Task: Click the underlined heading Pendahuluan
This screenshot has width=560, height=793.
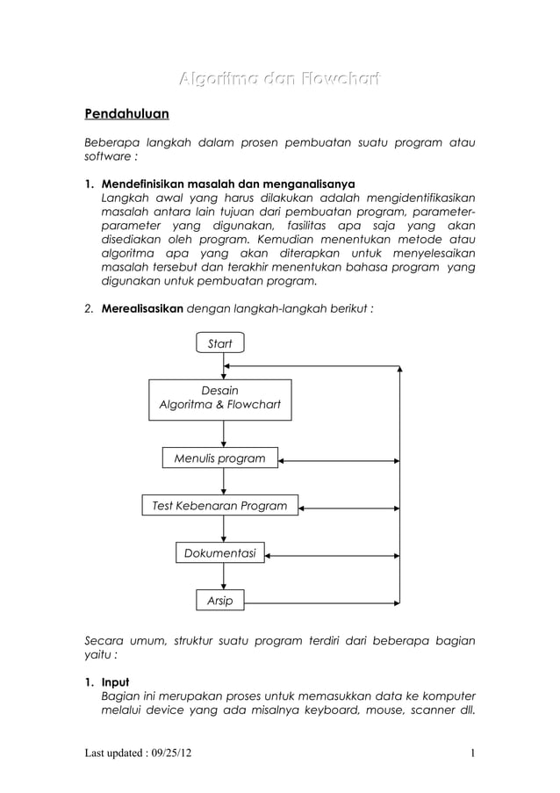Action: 126,114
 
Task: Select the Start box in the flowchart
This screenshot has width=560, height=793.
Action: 219,343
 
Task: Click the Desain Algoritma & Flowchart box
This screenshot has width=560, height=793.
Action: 219,399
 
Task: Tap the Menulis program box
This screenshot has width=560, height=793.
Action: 219,458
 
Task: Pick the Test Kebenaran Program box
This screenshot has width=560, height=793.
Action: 219,506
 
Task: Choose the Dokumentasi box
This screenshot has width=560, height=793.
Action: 219,553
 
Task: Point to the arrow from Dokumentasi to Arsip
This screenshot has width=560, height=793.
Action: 224,576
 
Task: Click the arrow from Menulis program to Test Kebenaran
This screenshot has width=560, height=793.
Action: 224,481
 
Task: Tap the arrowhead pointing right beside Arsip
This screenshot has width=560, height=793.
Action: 394,602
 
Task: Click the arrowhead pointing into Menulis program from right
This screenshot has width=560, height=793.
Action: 284,459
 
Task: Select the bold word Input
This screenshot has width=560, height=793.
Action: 115,681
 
